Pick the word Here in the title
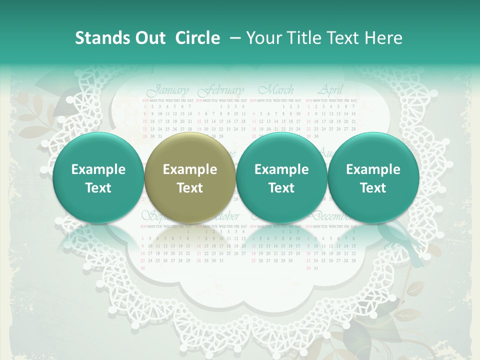click(384, 38)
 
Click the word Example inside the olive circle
click(190, 169)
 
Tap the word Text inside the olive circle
click(190, 188)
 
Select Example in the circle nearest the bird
click(373, 169)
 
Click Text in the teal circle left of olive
click(98, 188)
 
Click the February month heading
click(221, 91)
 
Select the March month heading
click(276, 91)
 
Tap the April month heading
click(330, 91)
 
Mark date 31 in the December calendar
click(315, 268)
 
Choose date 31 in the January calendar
click(160, 135)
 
